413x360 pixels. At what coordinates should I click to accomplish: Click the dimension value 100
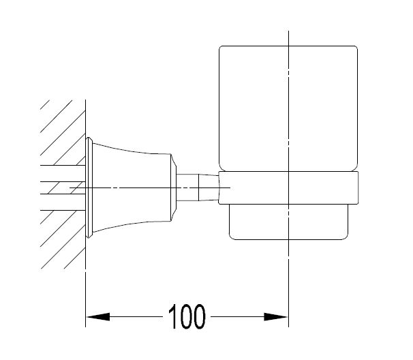pos(186,316)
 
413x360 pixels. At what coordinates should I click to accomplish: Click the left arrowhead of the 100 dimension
pos(98,316)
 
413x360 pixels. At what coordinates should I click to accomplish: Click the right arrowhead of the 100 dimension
pos(276,316)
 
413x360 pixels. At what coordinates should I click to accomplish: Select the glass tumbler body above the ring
pos(288,108)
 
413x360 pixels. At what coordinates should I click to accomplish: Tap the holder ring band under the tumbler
pos(288,187)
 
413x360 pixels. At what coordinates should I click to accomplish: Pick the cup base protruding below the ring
pos(288,222)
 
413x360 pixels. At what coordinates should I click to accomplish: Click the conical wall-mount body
pos(132,187)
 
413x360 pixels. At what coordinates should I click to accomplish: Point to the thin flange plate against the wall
pos(89,187)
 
